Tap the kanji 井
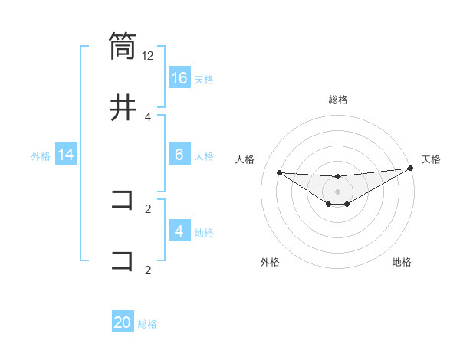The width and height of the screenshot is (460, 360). pos(123,108)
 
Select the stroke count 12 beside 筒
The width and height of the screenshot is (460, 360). pos(148,56)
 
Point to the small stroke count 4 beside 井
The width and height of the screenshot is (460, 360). pos(148,116)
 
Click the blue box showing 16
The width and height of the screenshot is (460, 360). pos(179,78)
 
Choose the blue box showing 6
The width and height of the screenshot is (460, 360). pos(179,155)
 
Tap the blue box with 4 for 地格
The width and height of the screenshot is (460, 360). pos(179,231)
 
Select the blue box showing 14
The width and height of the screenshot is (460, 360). pos(66,155)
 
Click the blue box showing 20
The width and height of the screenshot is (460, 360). pos(123,322)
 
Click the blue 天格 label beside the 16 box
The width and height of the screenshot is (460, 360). pos(204,79)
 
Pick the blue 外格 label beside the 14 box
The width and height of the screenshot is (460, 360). pos(41,155)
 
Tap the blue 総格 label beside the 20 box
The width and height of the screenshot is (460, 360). pos(147,323)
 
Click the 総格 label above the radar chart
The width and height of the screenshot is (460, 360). pos(337,100)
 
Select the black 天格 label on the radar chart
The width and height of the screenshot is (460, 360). pos(431,159)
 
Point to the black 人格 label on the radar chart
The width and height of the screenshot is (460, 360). pos(245,159)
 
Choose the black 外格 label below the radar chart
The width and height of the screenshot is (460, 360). pos(270,262)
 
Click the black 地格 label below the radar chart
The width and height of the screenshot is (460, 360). pos(402,262)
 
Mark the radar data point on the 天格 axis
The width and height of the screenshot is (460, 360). pos(410,169)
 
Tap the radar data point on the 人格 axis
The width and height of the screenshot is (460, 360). pos(279,172)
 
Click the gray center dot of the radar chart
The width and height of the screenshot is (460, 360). pos(337,191)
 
